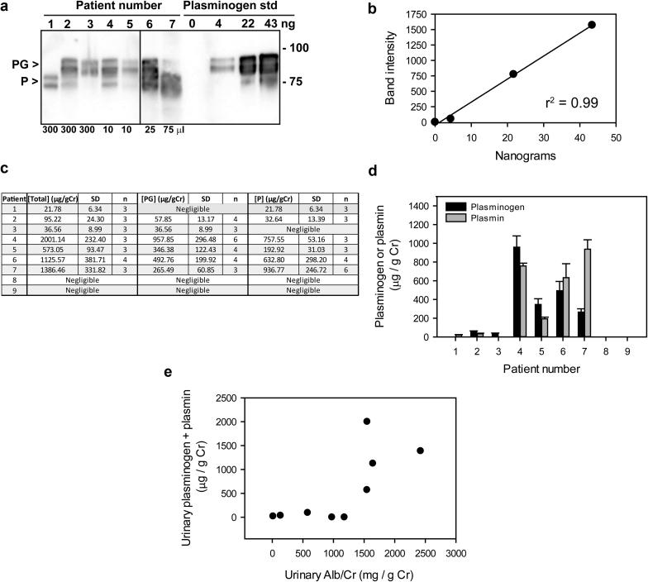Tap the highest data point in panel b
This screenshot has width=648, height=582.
(592, 25)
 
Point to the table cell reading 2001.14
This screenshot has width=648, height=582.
(52, 246)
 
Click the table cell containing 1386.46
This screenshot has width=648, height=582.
(52, 281)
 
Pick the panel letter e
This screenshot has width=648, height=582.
(191, 397)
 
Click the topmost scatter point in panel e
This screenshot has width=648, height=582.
(367, 421)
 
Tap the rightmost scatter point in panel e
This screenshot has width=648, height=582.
(420, 451)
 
